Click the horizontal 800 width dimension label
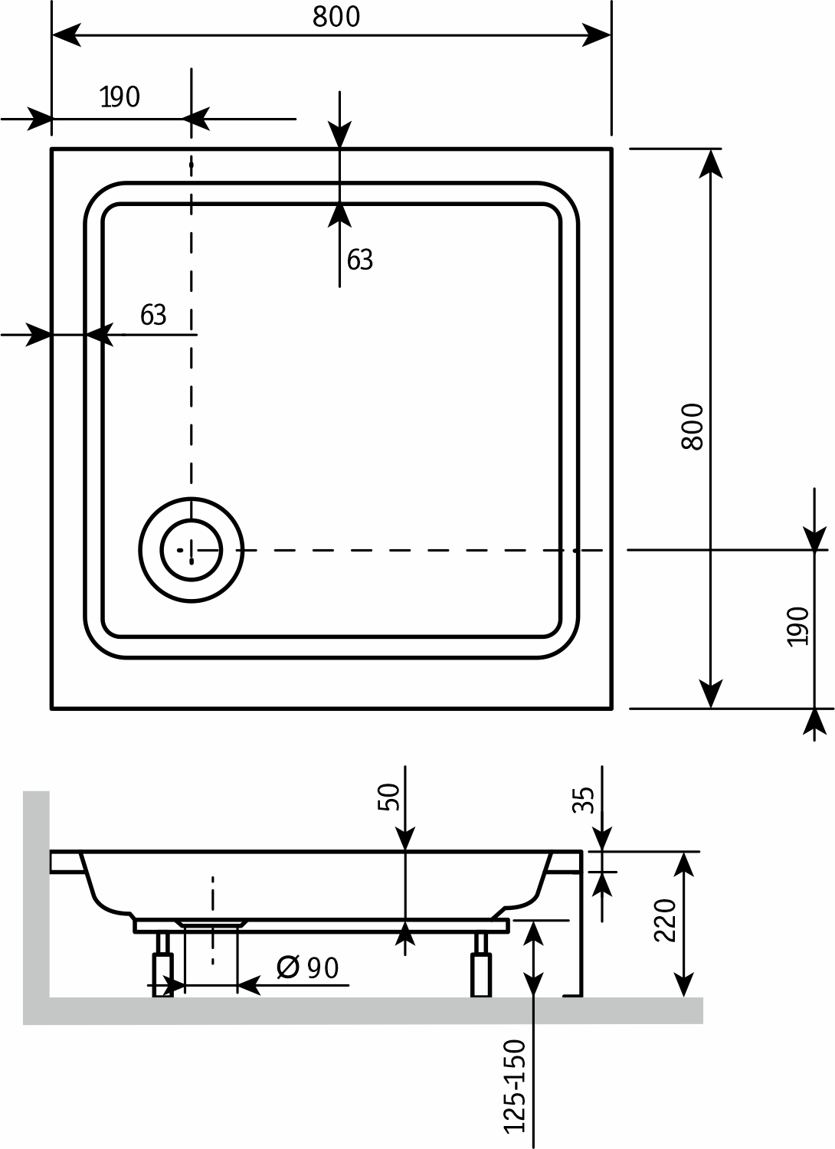coord(336,17)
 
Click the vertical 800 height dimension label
coord(693,427)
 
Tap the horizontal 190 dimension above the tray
coord(120,97)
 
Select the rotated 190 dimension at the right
coord(798,627)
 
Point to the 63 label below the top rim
coord(359,260)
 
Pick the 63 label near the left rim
coord(153,315)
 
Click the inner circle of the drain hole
coord(192,550)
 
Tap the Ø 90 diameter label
coord(308,968)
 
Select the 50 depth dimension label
coord(388,797)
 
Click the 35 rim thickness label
coord(583,800)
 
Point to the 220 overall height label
coord(665,920)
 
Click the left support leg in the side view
coord(163,964)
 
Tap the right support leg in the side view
coord(481,964)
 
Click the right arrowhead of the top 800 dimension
coord(596,35)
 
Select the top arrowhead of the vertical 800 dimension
coord(710,164)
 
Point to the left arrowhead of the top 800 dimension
coord(67,35)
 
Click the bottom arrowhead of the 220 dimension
coord(683,982)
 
